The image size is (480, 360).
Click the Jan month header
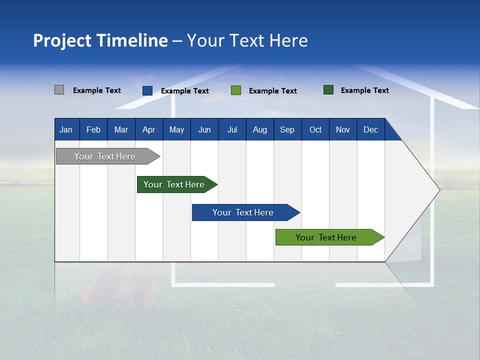point(66,129)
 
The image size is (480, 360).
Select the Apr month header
point(149,129)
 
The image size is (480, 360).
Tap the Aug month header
point(260,129)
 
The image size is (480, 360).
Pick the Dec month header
point(371,129)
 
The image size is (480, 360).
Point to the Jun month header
point(204,129)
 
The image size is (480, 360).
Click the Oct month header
point(315,129)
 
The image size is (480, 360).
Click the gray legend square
point(59,90)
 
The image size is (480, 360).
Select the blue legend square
point(147,90)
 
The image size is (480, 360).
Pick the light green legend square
point(236,90)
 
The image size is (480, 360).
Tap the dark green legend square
point(328,90)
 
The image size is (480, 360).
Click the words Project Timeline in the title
point(100,40)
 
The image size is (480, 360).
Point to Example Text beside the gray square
point(97,90)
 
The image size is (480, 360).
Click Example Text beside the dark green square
point(365,90)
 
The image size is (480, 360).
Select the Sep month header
point(287,129)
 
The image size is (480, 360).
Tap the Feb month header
point(93,129)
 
